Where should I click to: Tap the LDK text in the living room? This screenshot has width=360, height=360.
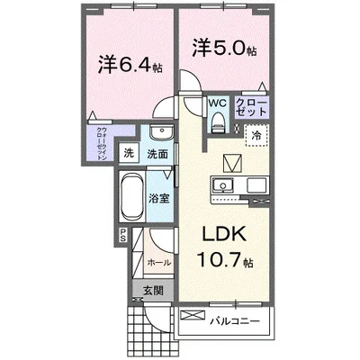click(x=220, y=233)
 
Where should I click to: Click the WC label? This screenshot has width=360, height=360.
click(x=219, y=103)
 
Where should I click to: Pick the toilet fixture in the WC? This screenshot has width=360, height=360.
click(x=219, y=124)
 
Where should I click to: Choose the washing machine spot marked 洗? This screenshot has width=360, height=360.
click(x=130, y=153)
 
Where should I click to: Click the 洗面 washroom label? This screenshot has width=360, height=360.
click(x=157, y=154)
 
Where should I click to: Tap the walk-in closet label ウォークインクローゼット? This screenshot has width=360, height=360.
click(x=103, y=143)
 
